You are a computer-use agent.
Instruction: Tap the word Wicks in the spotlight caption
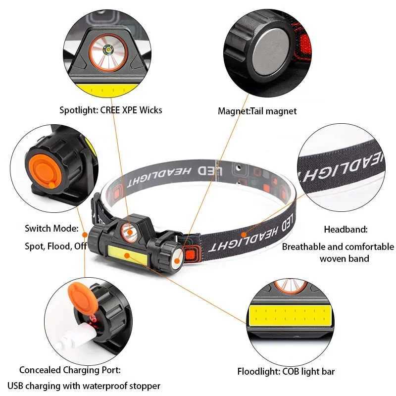pyautogui.click(x=149, y=110)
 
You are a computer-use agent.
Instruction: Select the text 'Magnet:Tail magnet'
pyautogui.click(x=257, y=111)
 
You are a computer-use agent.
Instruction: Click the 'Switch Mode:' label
pyautogui.click(x=52, y=229)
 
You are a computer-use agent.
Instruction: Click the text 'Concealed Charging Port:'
pyautogui.click(x=70, y=370)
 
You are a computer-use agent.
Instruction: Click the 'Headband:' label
pyautogui.click(x=346, y=229)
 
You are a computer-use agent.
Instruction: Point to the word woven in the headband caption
pyautogui.click(x=334, y=258)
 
